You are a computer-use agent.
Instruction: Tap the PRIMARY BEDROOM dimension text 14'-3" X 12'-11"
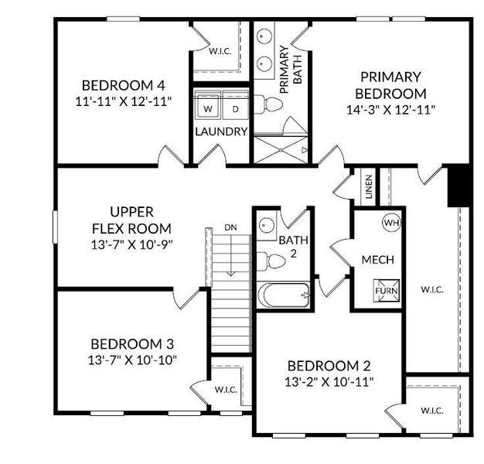390,109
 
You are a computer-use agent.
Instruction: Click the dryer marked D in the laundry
235,109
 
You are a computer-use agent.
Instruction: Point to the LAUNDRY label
221,131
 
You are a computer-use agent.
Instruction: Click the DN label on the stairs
230,227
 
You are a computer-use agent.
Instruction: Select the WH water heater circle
391,223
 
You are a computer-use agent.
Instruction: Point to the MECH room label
378,260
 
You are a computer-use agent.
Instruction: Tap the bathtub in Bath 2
284,295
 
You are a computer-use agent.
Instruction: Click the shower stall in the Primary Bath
281,148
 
